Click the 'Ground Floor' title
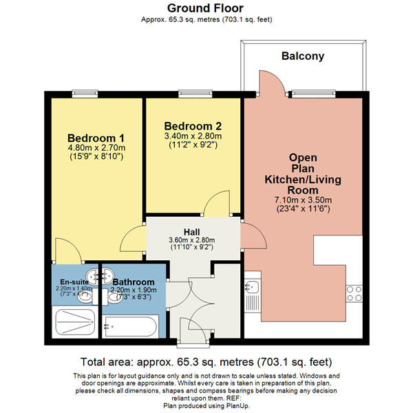click(x=206, y=8)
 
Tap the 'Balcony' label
click(x=302, y=56)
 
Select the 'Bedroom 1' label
click(x=96, y=137)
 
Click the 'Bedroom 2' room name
click(x=193, y=126)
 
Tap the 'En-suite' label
click(x=73, y=282)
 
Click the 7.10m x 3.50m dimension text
click(x=303, y=200)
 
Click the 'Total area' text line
click(x=206, y=361)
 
